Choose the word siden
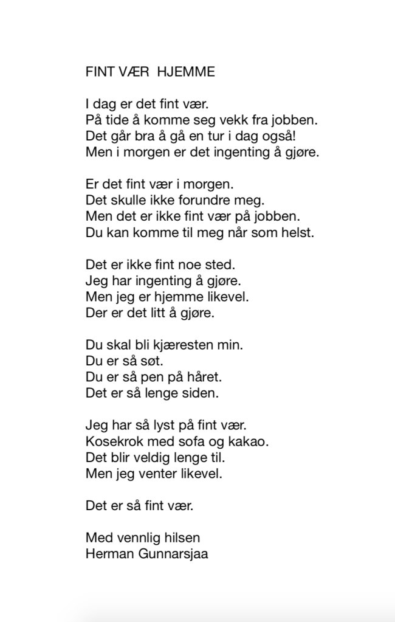[201, 393]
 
